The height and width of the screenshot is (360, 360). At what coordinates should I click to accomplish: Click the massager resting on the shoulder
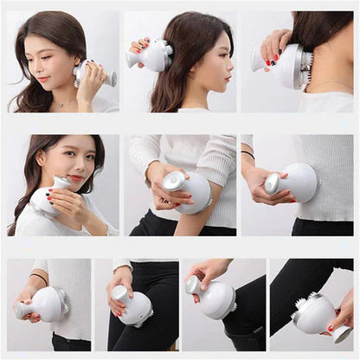[x=48, y=197]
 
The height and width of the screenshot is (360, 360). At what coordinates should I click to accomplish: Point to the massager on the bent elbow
[x=189, y=190]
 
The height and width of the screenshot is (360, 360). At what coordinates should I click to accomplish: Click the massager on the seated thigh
[x=133, y=307]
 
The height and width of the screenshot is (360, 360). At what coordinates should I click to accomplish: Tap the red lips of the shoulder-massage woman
[x=76, y=178]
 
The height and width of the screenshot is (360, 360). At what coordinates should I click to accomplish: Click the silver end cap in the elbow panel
[x=173, y=182]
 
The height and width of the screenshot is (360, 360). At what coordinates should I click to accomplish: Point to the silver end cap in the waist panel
[x=273, y=183]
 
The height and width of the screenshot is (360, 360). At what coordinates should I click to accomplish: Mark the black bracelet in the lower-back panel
[x=39, y=279]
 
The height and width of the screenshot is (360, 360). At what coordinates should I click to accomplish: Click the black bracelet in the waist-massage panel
[x=248, y=153]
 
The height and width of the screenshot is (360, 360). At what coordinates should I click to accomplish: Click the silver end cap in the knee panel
[x=193, y=285]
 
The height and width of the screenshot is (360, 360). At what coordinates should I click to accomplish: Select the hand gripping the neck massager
[x=275, y=44]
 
